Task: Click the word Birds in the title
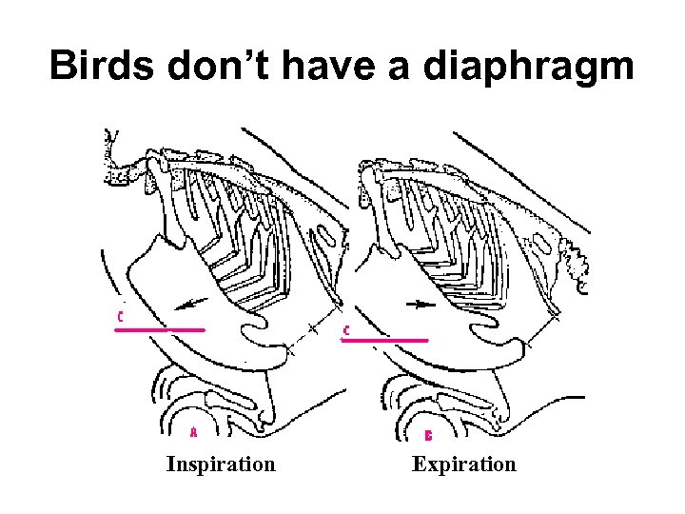point(104,66)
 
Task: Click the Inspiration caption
point(221,465)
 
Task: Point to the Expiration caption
point(464,465)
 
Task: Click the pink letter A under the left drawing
point(194,432)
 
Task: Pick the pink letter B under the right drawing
point(429,435)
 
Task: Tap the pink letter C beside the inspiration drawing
point(121,314)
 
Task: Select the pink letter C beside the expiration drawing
point(345,329)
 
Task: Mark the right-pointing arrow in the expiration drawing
point(419,305)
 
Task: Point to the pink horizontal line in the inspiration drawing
point(160,329)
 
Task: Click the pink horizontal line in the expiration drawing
point(384,339)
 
